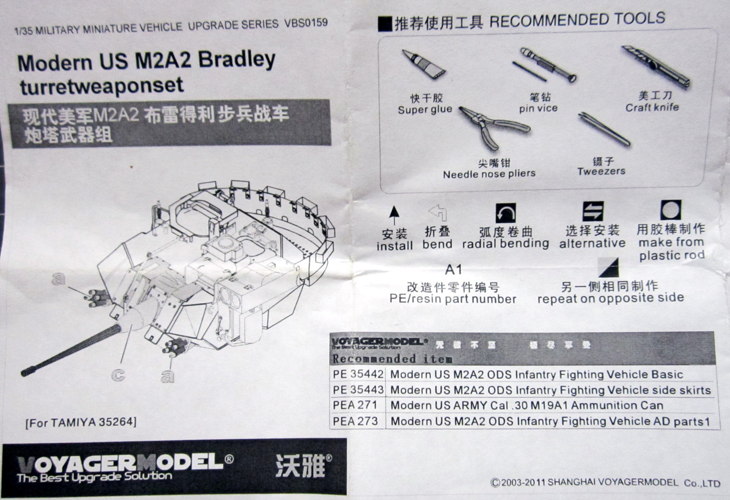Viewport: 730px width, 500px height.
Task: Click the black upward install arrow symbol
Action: [x=394, y=214]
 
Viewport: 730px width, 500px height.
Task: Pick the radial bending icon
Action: [x=505, y=213]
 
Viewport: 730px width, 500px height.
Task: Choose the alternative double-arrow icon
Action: [x=593, y=211]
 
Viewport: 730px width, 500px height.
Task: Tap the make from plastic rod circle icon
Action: [x=671, y=210]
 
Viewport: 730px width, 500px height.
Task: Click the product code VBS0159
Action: [x=306, y=23]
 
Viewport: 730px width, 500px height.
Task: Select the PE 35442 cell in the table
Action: [x=358, y=374]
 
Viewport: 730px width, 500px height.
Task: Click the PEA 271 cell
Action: [x=355, y=405]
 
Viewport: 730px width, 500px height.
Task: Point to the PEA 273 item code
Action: [x=355, y=421]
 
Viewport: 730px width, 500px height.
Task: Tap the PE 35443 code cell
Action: [x=358, y=390]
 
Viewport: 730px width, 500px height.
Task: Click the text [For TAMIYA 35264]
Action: [x=81, y=422]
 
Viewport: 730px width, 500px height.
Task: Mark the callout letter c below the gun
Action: [x=118, y=374]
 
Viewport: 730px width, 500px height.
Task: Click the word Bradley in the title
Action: [x=236, y=60]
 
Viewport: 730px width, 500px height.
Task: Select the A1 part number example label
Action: [x=453, y=269]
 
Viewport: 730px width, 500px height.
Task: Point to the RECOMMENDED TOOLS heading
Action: [x=577, y=20]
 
